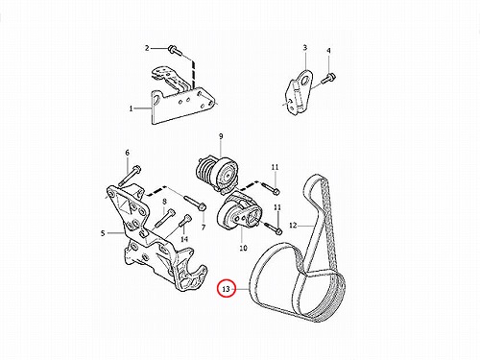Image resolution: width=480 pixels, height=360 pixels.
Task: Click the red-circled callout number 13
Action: point(226,289)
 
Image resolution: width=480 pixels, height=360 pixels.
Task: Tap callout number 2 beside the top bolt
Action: point(147,48)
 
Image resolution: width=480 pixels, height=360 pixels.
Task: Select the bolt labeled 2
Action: point(175,51)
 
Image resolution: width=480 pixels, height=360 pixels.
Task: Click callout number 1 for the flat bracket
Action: point(131,108)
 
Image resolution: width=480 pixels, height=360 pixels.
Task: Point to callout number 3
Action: point(305,48)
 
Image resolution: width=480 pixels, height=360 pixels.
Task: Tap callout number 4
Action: point(328,51)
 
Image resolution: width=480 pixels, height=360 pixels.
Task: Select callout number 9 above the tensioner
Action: point(221,136)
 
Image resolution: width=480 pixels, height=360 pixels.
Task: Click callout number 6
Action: point(127,153)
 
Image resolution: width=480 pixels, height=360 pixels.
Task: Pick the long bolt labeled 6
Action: point(130,176)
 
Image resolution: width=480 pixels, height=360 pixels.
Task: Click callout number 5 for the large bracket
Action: point(103,233)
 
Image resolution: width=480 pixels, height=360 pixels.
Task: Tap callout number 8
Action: point(164,202)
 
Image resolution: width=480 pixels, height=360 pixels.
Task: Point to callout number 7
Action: point(204,228)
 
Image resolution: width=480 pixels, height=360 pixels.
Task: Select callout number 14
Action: point(184,239)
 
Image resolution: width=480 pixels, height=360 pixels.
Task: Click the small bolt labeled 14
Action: point(184,223)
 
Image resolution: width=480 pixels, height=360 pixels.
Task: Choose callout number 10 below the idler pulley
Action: point(243,248)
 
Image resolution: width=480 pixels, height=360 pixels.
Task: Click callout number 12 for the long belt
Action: point(293,226)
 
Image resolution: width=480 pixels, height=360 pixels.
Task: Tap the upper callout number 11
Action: point(276,167)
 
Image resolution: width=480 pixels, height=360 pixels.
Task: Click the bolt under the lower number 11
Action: point(274,228)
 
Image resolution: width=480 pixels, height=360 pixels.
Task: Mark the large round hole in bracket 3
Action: point(307,79)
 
